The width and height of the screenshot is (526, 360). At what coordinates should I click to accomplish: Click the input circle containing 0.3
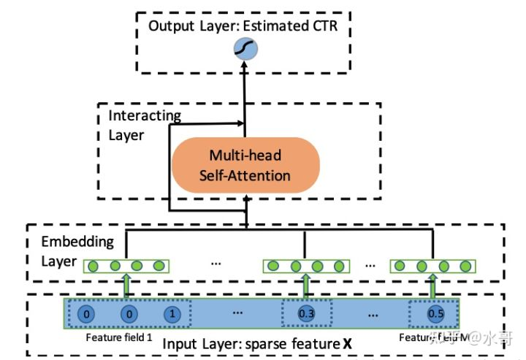(306, 314)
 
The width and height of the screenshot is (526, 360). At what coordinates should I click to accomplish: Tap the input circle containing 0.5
(435, 314)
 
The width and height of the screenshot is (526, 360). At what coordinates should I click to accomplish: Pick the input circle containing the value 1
(171, 314)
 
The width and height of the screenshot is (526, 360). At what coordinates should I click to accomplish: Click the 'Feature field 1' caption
(118, 338)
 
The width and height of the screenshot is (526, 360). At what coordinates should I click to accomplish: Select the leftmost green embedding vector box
(125, 266)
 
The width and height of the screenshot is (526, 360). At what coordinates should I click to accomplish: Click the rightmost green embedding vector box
(433, 266)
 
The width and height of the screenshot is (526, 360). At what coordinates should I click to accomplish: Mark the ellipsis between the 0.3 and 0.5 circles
(374, 314)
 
